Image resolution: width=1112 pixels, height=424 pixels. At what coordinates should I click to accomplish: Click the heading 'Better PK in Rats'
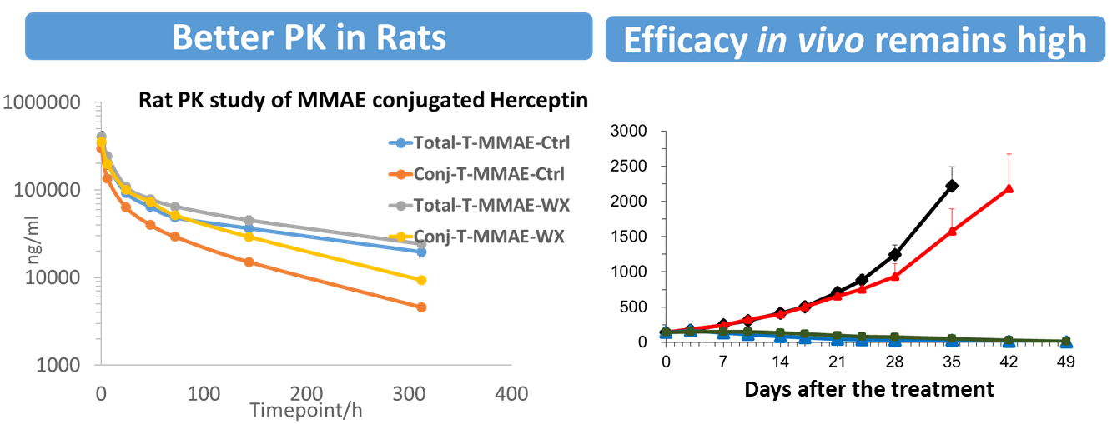pyautogui.click(x=309, y=37)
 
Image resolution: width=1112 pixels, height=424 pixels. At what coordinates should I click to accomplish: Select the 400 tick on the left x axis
pyautogui.click(x=511, y=392)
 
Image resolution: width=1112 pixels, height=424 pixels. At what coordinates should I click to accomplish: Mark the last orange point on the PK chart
pyautogui.click(x=421, y=307)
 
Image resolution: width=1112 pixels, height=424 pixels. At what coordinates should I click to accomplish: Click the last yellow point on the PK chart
pyautogui.click(x=421, y=280)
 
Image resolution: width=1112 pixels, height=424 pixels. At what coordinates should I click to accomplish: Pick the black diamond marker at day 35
pyautogui.click(x=952, y=186)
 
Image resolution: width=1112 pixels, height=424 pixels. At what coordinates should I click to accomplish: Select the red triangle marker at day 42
pyautogui.click(x=1009, y=188)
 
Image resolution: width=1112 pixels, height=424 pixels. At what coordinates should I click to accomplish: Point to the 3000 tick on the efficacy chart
pyautogui.click(x=629, y=131)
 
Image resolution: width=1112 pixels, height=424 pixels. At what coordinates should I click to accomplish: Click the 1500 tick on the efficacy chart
pyautogui.click(x=629, y=237)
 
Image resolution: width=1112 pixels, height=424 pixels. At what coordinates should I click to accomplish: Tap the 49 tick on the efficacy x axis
pyautogui.click(x=1065, y=361)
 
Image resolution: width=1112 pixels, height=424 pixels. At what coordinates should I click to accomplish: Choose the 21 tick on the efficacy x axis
pyautogui.click(x=838, y=361)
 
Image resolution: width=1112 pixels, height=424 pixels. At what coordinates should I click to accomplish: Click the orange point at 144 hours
pyautogui.click(x=249, y=262)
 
